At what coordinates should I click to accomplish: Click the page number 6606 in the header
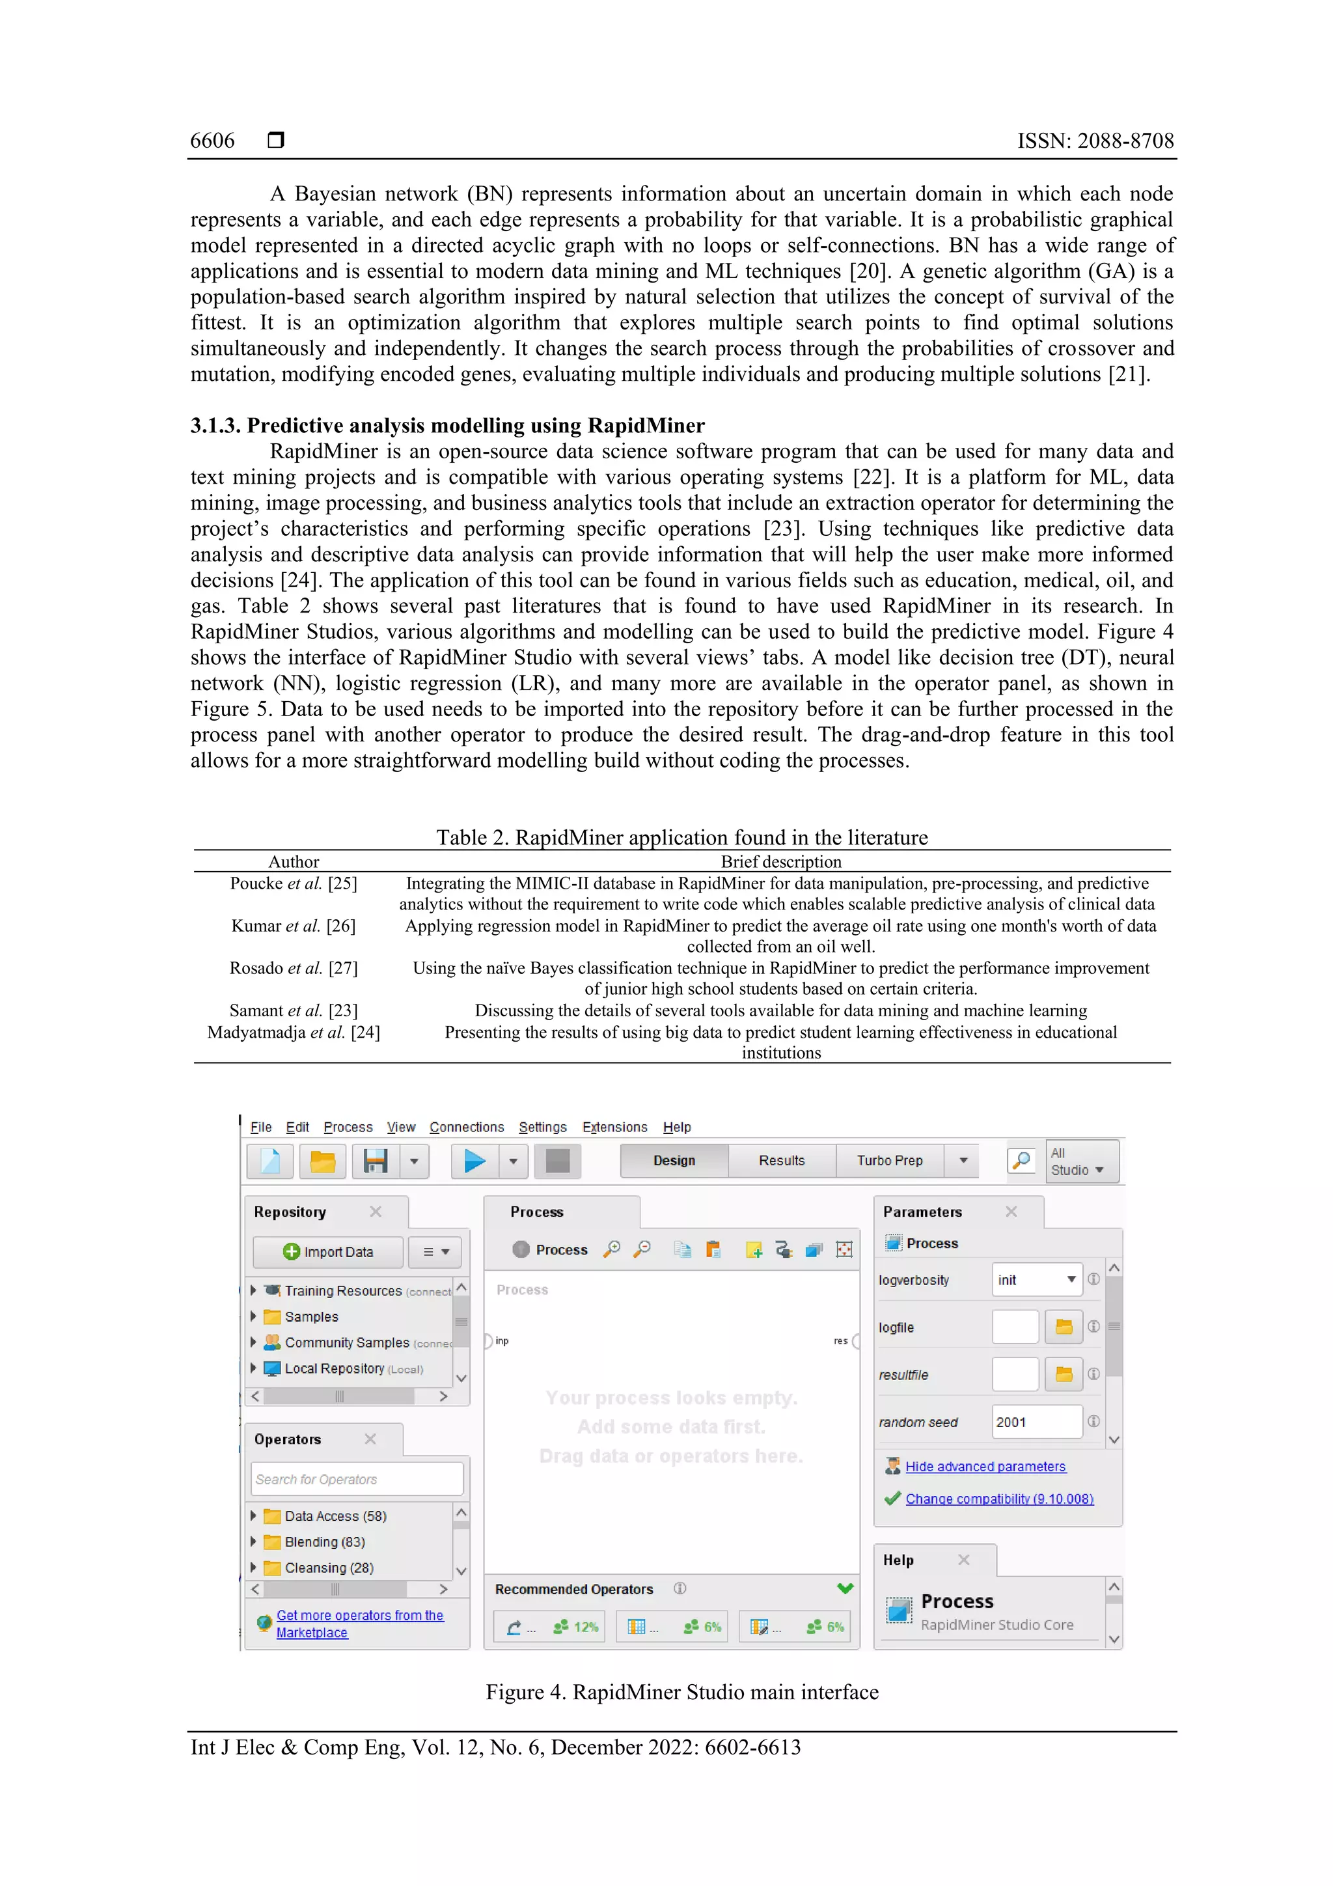[x=212, y=141]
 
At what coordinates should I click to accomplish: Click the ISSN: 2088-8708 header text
[x=1095, y=141]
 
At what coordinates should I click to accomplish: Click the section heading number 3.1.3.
[x=215, y=426]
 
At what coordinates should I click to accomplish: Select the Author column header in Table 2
[x=293, y=862]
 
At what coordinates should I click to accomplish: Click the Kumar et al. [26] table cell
[x=293, y=926]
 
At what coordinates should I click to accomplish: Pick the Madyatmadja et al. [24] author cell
[x=293, y=1032]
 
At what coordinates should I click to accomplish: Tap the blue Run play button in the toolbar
[x=474, y=1161]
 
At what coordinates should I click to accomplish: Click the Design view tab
[x=674, y=1161]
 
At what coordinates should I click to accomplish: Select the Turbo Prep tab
[x=890, y=1161]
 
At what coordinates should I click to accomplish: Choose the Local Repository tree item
[x=335, y=1368]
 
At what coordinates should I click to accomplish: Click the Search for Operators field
[x=357, y=1479]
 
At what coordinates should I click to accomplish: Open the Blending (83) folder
[x=324, y=1542]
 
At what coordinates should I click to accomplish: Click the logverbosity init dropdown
[x=1036, y=1280]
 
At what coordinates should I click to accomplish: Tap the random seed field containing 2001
[x=1036, y=1422]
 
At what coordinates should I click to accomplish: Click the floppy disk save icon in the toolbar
[x=376, y=1161]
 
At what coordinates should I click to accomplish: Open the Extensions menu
[x=614, y=1127]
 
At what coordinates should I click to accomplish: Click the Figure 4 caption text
[x=681, y=1692]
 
